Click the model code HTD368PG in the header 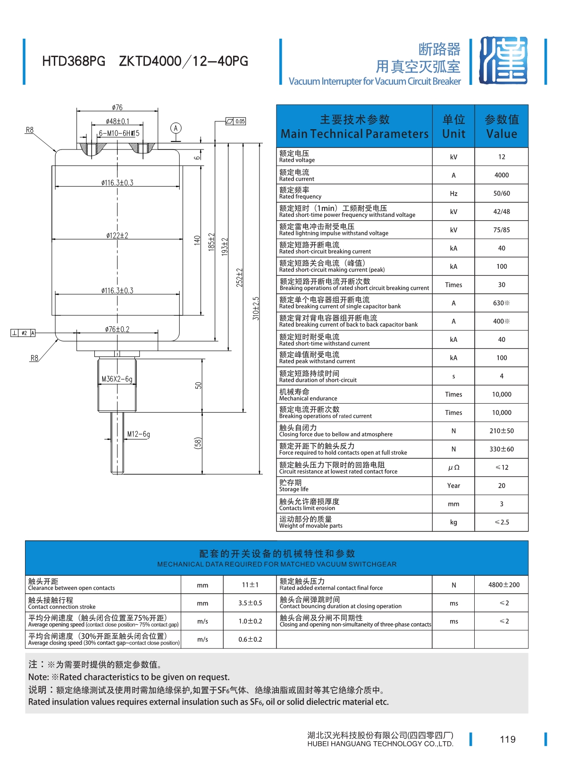[x=74, y=61]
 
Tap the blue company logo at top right [x=503, y=61]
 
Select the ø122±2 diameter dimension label [x=117, y=235]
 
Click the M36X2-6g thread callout [x=117, y=379]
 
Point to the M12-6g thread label [x=139, y=434]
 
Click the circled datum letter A [x=176, y=128]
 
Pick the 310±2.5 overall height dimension [x=256, y=309]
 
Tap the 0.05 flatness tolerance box [x=236, y=121]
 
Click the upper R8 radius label [x=30, y=130]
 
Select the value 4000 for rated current [x=501, y=175]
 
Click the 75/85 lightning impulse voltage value [x=501, y=230]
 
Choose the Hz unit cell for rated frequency [x=453, y=193]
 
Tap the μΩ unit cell [x=453, y=467]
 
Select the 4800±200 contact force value [x=503, y=585]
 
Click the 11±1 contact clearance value [x=250, y=585]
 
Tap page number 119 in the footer [x=508, y=739]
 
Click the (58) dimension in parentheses [x=198, y=443]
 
